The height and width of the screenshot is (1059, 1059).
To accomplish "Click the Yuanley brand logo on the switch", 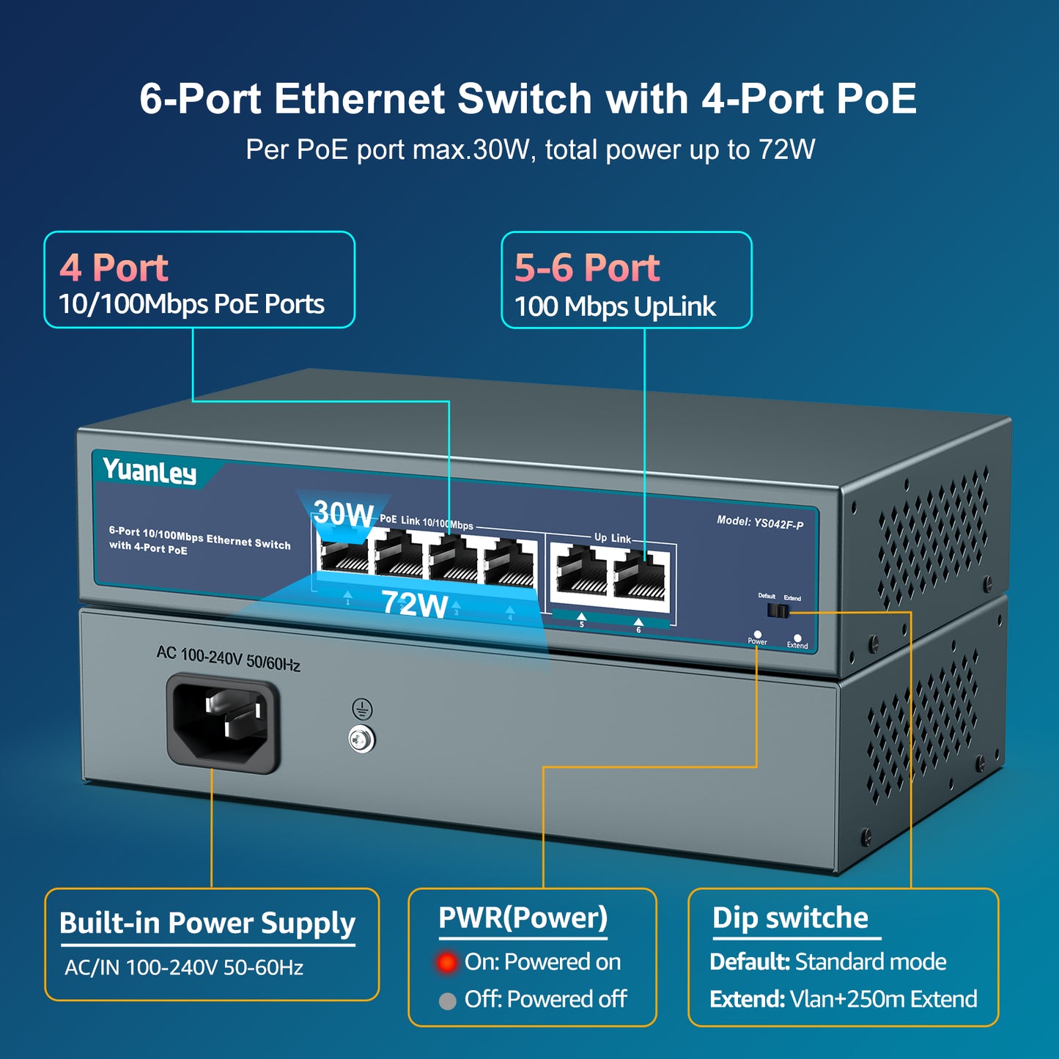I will tap(150, 471).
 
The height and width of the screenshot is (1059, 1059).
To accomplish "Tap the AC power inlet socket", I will tap(223, 723).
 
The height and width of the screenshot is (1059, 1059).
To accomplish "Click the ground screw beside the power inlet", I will tap(361, 739).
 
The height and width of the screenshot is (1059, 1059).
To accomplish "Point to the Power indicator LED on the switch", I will tap(757, 634).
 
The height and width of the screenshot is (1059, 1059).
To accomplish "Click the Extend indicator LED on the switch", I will tap(797, 638).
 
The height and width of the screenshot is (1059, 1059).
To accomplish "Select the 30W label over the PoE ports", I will tap(343, 514).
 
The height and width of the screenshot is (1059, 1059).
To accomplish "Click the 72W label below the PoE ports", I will tap(414, 605).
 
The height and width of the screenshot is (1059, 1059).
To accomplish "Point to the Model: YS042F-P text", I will tap(760, 523).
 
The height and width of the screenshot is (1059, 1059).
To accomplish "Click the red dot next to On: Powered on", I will tap(446, 962).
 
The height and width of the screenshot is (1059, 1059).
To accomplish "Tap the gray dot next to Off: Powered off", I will tap(447, 1000).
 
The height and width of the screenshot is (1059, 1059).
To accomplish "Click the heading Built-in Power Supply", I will tap(207, 923).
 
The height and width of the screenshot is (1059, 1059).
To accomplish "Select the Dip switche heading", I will tap(790, 918).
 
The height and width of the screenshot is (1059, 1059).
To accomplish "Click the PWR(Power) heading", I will tap(523, 918).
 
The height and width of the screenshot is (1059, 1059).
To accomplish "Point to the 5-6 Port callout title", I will tap(586, 267).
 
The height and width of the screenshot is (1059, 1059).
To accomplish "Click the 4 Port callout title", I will tap(114, 267).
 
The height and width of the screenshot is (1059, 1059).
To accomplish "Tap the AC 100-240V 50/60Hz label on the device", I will tap(228, 658).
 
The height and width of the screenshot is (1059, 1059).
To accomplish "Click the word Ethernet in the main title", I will tap(359, 99).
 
